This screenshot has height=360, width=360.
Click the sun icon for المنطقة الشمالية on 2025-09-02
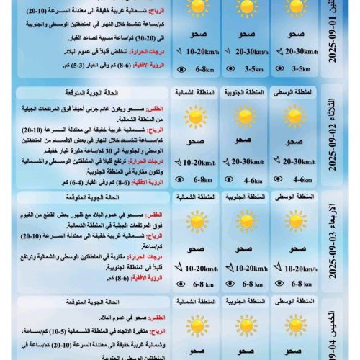195,117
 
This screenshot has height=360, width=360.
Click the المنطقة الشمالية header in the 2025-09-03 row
195,197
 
